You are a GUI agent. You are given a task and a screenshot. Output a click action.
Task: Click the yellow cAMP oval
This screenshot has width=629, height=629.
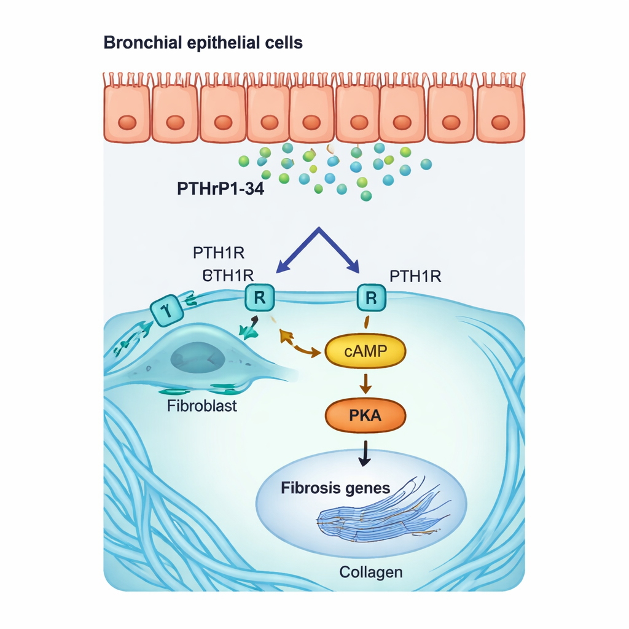tap(365, 351)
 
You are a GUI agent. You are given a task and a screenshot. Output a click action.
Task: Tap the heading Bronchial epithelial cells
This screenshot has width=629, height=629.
tap(203, 43)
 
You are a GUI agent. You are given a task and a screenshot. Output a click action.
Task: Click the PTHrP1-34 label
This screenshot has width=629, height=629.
tap(220, 189)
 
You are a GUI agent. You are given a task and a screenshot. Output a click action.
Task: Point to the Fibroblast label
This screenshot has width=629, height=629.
tap(201, 406)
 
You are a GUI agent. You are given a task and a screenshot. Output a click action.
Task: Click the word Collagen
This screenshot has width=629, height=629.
tap(371, 572)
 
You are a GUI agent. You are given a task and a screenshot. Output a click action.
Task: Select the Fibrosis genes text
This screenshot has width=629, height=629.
tap(335, 488)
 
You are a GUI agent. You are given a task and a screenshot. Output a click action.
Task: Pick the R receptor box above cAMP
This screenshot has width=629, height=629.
tap(370, 299)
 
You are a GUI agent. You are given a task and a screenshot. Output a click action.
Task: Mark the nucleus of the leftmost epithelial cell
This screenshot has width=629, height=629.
tap(127, 122)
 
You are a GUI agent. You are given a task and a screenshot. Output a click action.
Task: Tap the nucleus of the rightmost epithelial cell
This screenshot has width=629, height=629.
tap(499, 122)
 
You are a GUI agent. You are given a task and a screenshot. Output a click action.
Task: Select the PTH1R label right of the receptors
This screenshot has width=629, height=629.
tap(415, 276)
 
